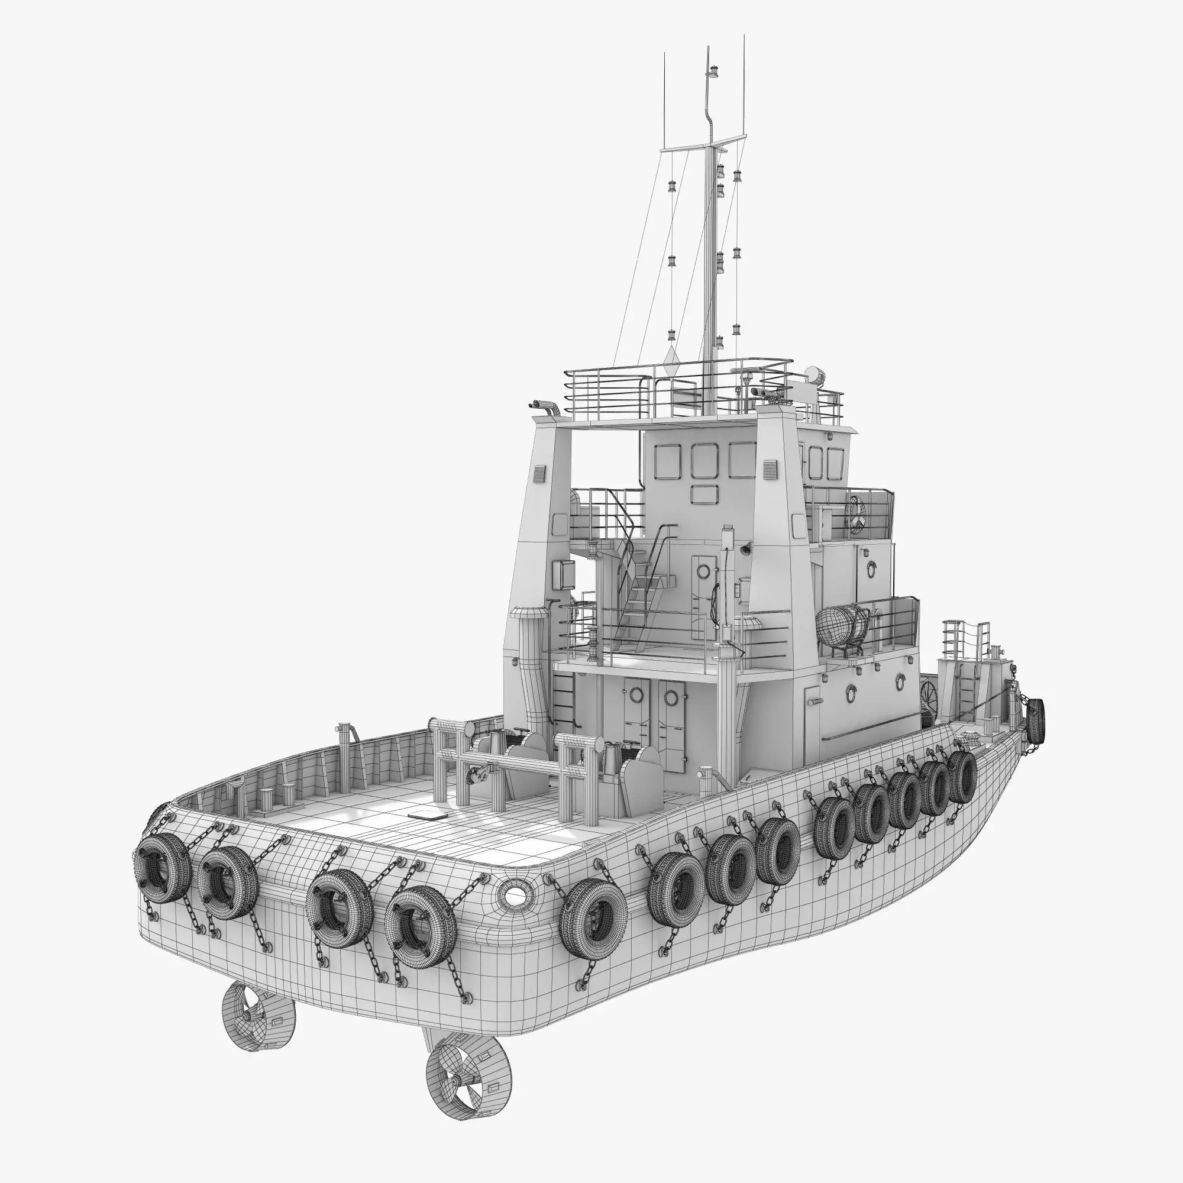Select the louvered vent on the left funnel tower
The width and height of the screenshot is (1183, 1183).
coord(539,474)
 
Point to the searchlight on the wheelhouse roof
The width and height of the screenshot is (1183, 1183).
coord(815,373)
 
